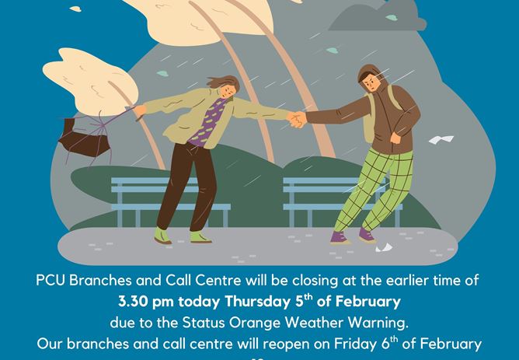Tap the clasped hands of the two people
[298, 120]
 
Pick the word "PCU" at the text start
[51, 280]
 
